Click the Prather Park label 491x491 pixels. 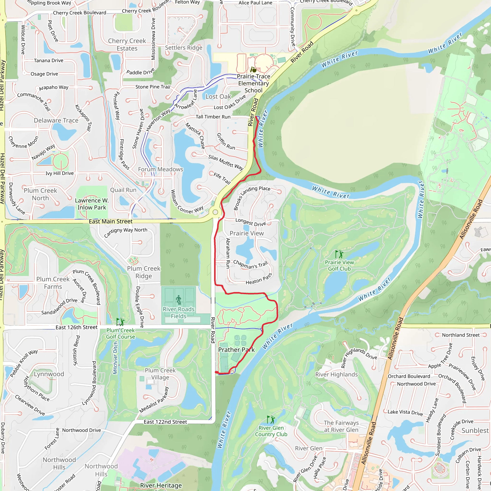(x=236, y=350)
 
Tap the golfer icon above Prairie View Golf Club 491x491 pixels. (x=339, y=254)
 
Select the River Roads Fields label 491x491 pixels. (x=178, y=313)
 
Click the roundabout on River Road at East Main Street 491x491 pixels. (x=215, y=212)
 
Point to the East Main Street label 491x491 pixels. (x=111, y=221)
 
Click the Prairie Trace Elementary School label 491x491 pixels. (x=253, y=83)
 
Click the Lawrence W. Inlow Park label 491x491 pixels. (x=92, y=204)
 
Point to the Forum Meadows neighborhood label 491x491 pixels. (x=160, y=169)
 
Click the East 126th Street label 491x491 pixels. (x=76, y=327)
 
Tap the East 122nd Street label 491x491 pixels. (x=165, y=422)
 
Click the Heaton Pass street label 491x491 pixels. (x=259, y=279)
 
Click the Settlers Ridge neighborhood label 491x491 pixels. (x=183, y=47)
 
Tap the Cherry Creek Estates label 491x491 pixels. (x=127, y=45)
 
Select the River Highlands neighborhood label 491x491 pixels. (x=336, y=374)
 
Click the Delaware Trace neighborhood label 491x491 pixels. (x=56, y=120)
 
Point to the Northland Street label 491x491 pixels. (x=461, y=335)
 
